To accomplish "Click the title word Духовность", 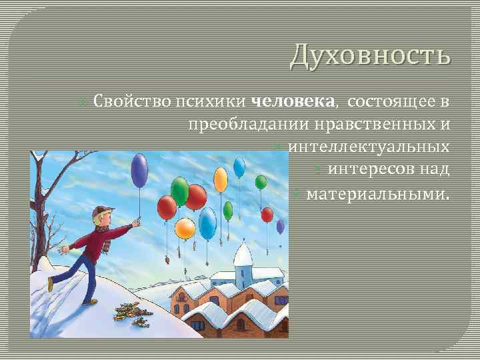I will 370,55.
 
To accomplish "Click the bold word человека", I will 293,102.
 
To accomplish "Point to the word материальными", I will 377,195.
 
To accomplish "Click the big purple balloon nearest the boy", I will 139,170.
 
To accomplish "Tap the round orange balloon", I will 185,228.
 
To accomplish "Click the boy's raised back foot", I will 50,285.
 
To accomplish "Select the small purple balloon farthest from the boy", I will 280,226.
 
